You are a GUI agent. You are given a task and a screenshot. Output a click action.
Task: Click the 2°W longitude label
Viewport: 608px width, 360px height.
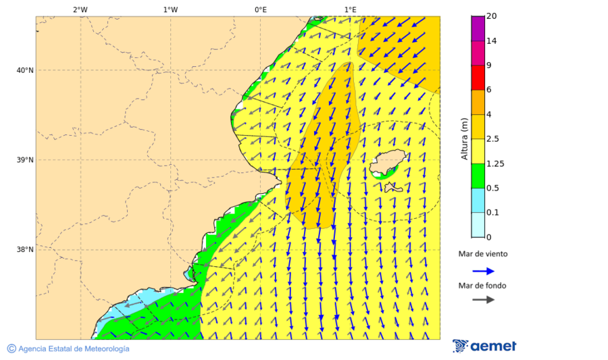point(80,9)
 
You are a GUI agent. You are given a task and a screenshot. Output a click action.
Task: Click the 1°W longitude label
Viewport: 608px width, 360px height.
point(170,9)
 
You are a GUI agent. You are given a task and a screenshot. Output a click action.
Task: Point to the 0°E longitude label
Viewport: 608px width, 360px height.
point(260,9)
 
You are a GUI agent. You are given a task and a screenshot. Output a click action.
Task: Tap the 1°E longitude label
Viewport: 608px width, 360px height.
point(350,9)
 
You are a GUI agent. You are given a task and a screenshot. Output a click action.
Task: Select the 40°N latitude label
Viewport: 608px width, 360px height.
point(25,70)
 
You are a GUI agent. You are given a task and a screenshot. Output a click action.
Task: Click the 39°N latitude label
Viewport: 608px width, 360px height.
point(25,160)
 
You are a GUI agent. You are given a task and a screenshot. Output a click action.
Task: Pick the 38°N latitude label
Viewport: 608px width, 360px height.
point(25,250)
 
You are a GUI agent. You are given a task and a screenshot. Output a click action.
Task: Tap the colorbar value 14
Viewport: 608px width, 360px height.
point(491,41)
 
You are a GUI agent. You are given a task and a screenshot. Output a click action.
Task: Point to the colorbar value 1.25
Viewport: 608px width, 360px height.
point(495,163)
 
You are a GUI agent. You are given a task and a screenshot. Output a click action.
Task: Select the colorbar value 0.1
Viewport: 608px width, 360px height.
point(492,213)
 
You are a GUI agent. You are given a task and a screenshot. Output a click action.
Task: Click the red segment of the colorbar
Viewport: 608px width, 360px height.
point(478,78)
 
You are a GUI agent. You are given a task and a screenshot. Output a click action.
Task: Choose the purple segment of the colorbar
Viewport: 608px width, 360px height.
point(478,28)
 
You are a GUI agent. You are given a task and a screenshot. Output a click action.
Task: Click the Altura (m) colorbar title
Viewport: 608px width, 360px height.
point(464,138)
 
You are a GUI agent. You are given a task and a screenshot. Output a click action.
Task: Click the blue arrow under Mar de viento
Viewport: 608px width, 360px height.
point(483,271)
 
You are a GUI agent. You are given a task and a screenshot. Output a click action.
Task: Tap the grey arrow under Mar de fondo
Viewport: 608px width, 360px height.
point(483,300)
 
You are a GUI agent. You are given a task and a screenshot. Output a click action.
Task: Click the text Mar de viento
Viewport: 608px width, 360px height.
point(482,255)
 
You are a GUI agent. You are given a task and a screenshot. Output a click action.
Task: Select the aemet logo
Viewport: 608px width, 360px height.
point(484,346)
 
